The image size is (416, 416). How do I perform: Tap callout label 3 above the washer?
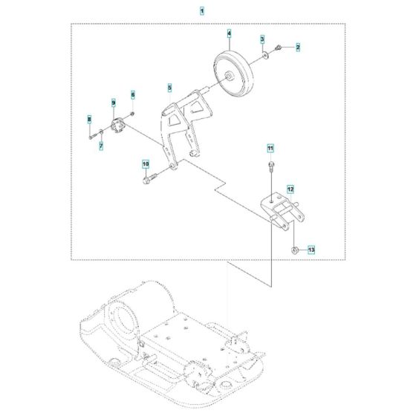coord(262,38)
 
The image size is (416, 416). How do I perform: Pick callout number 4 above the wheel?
coord(229,33)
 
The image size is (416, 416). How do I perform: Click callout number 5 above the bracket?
coord(169,88)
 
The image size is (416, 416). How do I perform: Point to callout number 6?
coord(134,94)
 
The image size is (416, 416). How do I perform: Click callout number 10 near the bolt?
coord(146,163)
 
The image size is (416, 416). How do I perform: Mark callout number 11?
coord(271,148)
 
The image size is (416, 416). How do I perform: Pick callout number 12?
coord(291,189)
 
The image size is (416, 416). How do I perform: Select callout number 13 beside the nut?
coord(311,250)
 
